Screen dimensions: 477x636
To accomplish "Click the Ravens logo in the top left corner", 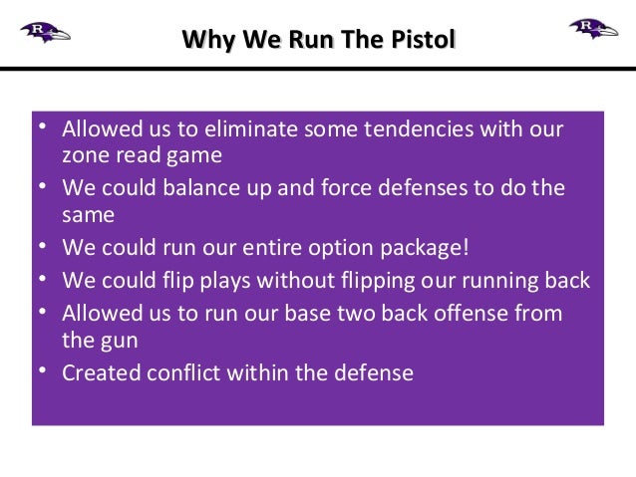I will pyautogui.click(x=45, y=31).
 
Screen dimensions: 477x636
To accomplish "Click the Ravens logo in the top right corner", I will pyautogui.click(x=593, y=29).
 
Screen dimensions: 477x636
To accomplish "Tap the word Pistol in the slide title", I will pyautogui.click(x=426, y=40).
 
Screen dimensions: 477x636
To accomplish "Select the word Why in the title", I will pyautogui.click(x=204, y=40).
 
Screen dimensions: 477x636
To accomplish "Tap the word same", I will pyautogui.click(x=88, y=214).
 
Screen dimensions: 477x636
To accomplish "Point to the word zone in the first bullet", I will pyautogui.click(x=84, y=155).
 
